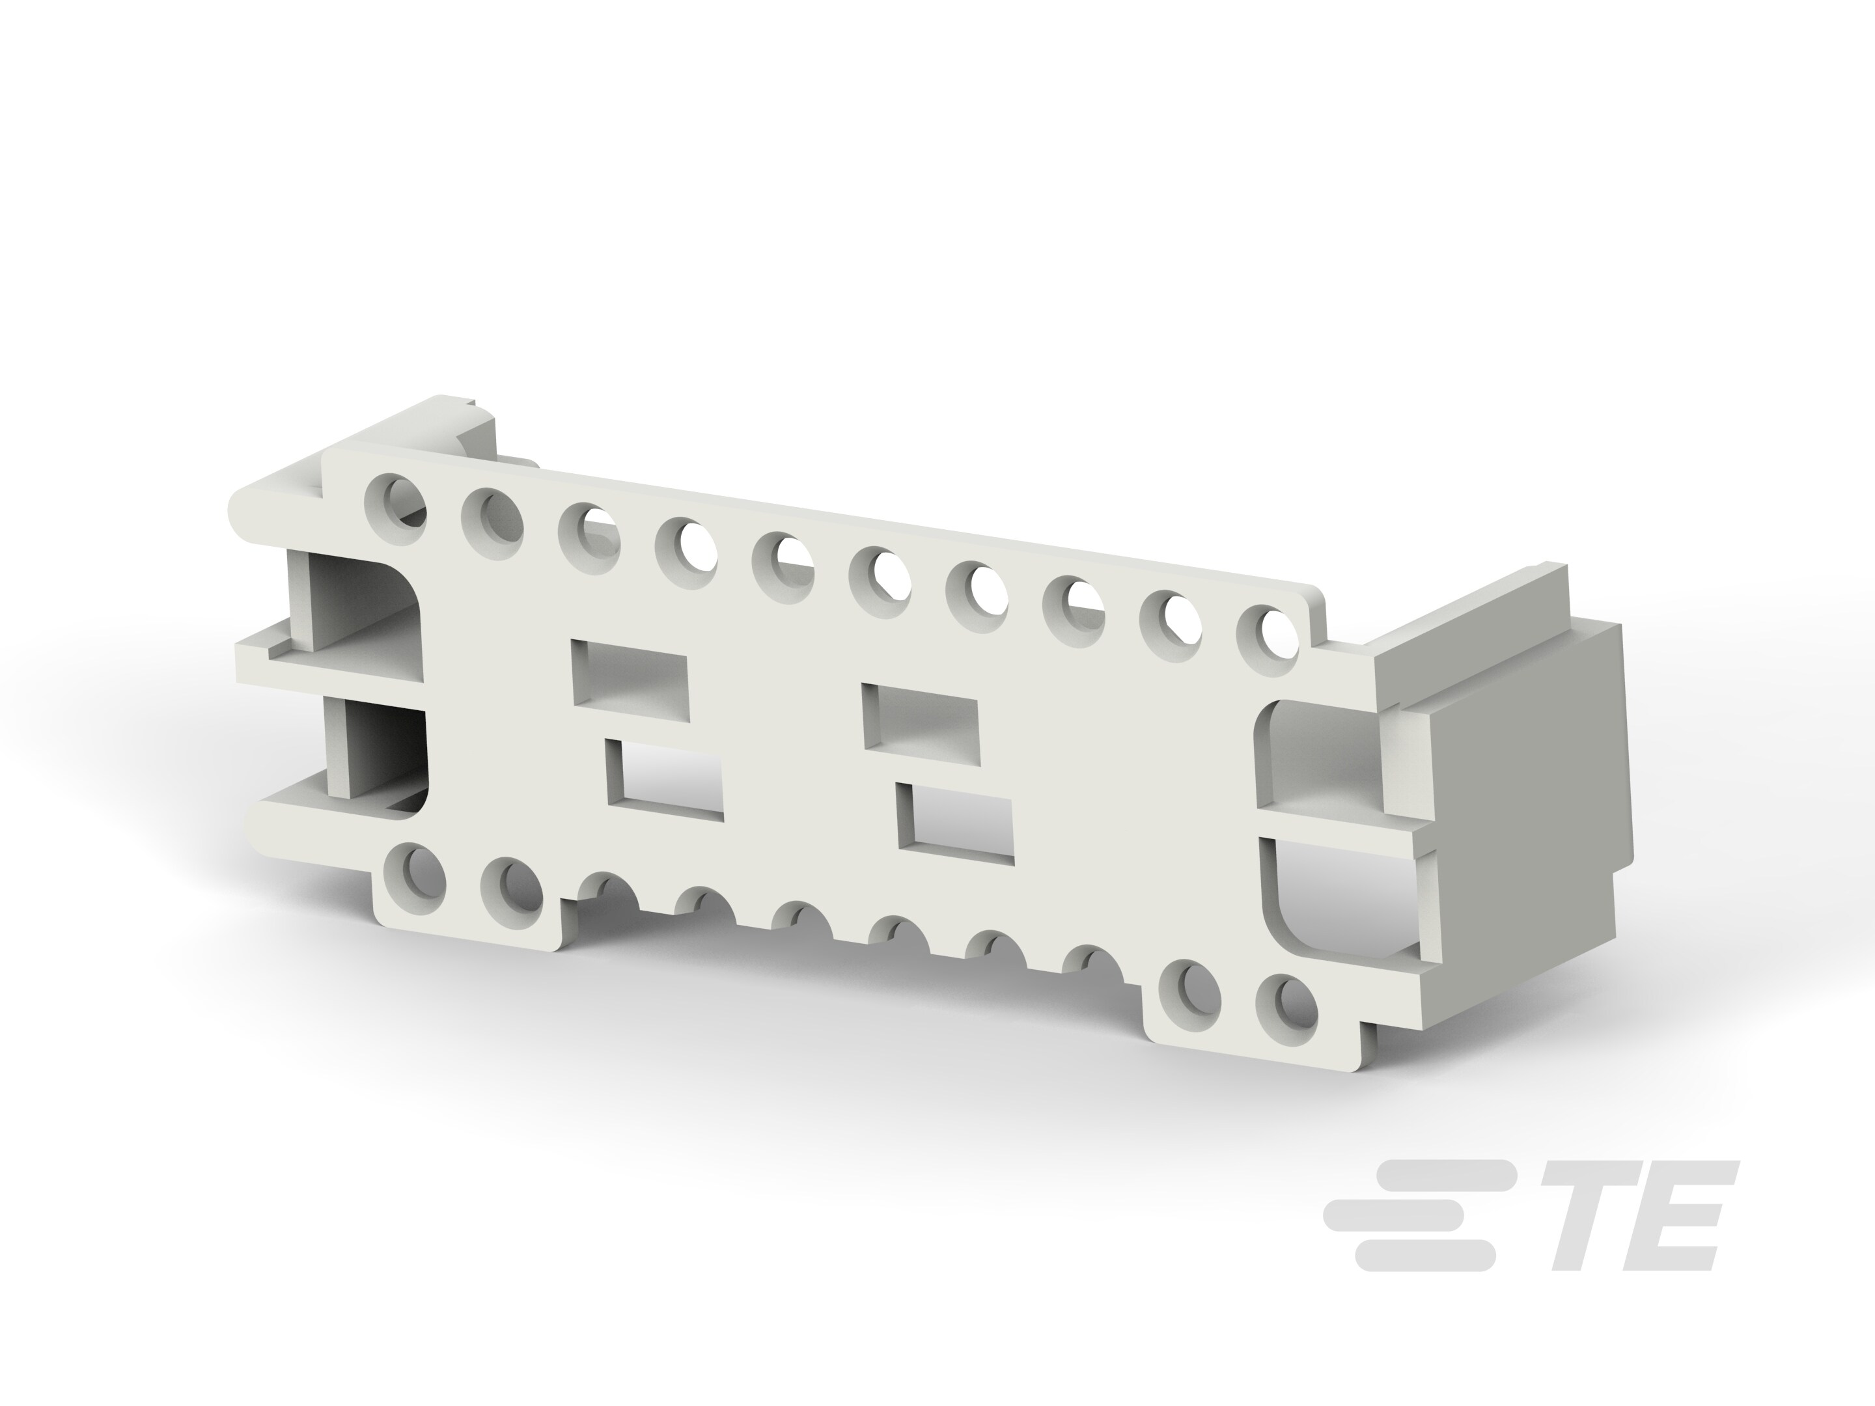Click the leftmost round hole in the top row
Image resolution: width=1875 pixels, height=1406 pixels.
coord(395,499)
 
